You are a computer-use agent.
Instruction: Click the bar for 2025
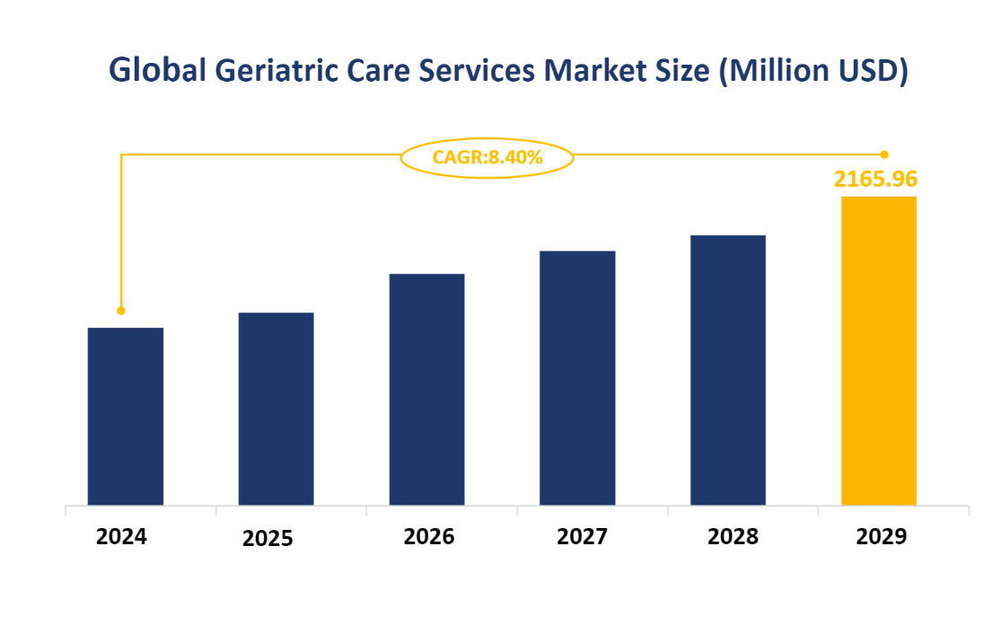[277, 409]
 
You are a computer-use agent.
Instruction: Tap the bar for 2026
[426, 389]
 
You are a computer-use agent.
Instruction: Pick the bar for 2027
[577, 377]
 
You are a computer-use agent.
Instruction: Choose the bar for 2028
[728, 370]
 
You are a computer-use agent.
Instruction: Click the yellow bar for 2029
[879, 350]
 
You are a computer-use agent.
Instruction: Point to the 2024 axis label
[121, 537]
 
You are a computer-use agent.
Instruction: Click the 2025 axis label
[268, 539]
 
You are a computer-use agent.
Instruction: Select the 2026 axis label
[429, 537]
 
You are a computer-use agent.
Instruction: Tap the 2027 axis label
[582, 537]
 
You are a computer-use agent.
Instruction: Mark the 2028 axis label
[733, 537]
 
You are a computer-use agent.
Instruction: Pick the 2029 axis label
[882, 537]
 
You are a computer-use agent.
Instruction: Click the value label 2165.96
[876, 179]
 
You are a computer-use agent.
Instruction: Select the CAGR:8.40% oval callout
[487, 158]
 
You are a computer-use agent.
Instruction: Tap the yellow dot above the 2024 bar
[121, 311]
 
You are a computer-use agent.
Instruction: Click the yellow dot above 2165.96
[884, 154]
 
